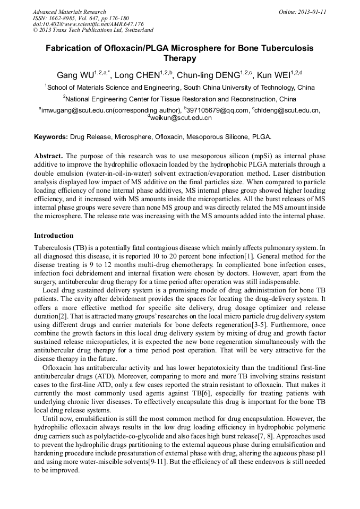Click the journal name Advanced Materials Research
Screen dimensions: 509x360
(x=69, y=12)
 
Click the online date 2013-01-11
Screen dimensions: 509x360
(x=310, y=12)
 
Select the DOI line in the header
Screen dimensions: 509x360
(x=88, y=24)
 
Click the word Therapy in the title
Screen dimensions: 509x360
(x=179, y=58)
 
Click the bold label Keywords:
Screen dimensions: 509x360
(x=51, y=137)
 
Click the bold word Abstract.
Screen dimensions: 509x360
(x=48, y=157)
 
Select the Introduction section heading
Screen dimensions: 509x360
(x=54, y=235)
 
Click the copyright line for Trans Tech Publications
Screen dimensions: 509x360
(x=93, y=30)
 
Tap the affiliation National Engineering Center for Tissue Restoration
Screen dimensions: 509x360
(x=181, y=99)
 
